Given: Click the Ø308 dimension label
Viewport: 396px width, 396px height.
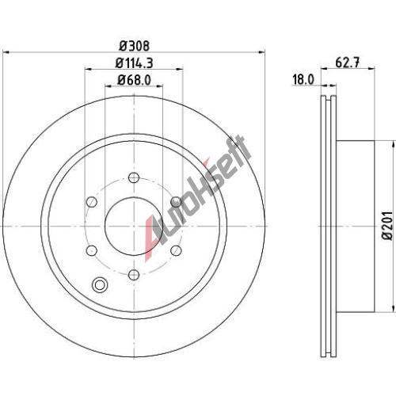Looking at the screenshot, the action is point(134,46).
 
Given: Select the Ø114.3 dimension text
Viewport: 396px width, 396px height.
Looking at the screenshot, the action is point(134,63).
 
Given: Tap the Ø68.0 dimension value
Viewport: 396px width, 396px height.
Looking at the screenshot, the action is point(134,80).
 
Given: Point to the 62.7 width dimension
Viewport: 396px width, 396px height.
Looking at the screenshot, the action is point(348,63).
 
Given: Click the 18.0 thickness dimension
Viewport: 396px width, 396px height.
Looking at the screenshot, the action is point(303,79).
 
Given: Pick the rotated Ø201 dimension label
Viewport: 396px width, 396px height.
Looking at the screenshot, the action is point(389,225).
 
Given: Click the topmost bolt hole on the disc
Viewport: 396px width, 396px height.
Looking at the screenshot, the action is point(134,177).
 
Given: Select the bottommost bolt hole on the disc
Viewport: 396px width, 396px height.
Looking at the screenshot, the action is point(134,275).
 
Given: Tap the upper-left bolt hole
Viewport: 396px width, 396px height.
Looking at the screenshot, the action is point(92,202).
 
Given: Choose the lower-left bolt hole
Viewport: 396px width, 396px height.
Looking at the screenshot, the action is point(92,250).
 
